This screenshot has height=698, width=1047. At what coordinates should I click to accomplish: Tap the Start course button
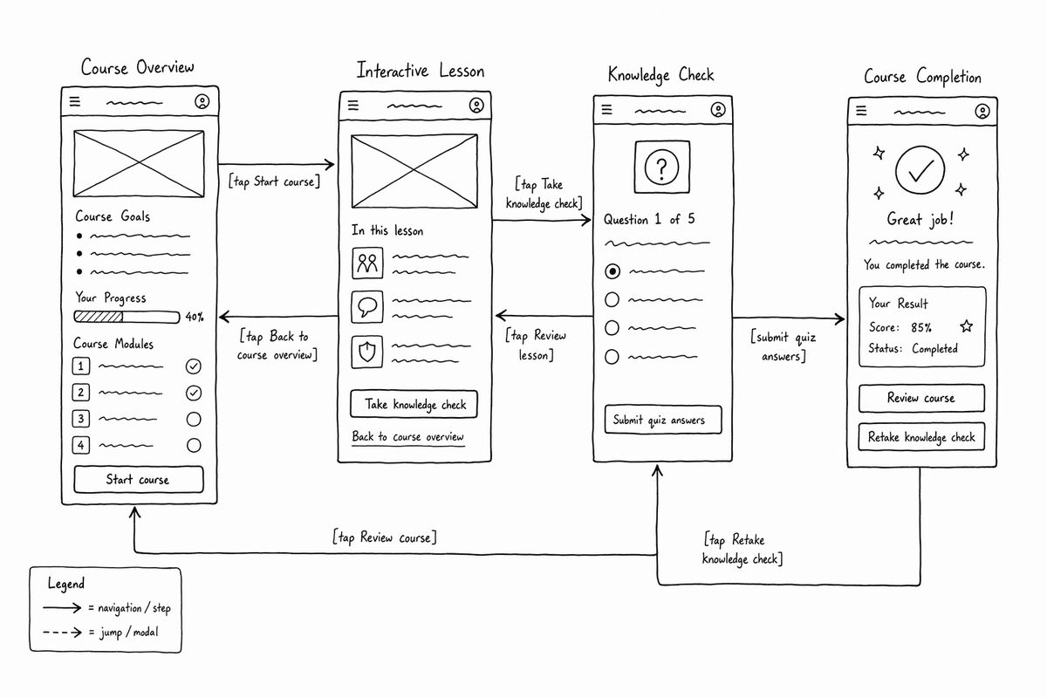click(x=139, y=479)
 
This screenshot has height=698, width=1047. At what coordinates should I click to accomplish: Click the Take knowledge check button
click(x=414, y=404)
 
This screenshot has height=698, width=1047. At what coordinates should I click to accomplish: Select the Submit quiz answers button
click(x=663, y=420)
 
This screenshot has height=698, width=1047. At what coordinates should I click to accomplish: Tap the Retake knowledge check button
click(x=921, y=436)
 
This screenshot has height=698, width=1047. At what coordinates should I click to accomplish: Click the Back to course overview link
click(x=408, y=437)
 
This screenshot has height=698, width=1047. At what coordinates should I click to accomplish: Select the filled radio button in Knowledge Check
click(x=612, y=271)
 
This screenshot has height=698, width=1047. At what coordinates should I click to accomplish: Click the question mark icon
click(x=661, y=167)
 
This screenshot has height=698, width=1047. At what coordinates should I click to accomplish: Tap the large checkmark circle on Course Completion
click(x=920, y=170)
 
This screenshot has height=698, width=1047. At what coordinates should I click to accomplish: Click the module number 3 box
click(x=81, y=419)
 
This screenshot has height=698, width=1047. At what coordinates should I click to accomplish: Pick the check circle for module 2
click(x=194, y=393)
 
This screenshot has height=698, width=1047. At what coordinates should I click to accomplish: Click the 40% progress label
click(x=195, y=317)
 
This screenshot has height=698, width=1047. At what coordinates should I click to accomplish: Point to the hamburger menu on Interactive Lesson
click(x=353, y=106)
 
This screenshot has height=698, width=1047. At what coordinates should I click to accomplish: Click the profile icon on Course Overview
click(x=202, y=101)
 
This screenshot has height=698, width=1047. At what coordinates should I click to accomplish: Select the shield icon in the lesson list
click(x=367, y=352)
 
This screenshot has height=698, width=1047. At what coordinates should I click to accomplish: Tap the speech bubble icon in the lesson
click(x=367, y=307)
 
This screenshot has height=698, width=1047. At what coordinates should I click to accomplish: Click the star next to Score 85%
click(x=967, y=325)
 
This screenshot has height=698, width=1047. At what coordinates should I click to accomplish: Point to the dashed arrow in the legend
click(x=62, y=632)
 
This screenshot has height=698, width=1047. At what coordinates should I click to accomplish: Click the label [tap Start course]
click(x=274, y=181)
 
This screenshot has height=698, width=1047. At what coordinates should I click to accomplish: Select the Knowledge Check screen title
click(x=661, y=75)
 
